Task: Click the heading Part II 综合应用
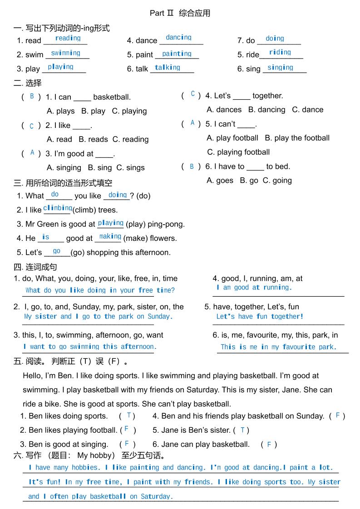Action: (180, 13)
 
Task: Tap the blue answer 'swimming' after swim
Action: (65, 53)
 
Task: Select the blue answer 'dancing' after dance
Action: (178, 38)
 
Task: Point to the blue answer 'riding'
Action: (280, 52)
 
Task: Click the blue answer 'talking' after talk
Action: (167, 68)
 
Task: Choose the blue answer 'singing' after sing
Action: (280, 68)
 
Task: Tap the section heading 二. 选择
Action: (28, 83)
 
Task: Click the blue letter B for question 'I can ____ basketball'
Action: (32, 96)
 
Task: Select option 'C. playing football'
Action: (238, 152)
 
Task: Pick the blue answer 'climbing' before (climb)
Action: (58, 208)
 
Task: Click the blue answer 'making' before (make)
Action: (110, 236)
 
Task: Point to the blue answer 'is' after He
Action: (45, 237)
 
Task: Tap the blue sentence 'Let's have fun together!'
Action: (260, 317)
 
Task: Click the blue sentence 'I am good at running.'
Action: (254, 288)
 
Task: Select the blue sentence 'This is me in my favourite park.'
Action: (278, 347)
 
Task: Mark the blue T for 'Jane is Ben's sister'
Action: (242, 430)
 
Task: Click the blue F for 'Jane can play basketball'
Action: (269, 445)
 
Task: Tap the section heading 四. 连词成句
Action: (35, 267)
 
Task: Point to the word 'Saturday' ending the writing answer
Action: (156, 496)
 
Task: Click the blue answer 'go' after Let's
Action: (57, 251)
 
